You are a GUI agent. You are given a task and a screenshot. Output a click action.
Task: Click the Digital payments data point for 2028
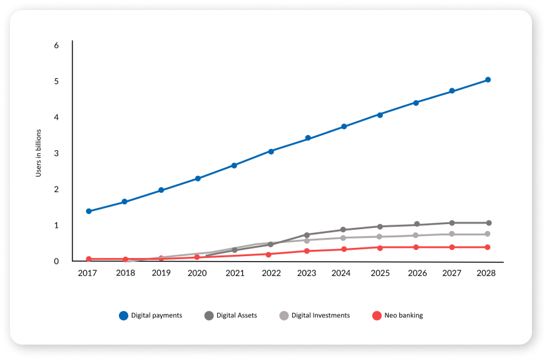click(488, 80)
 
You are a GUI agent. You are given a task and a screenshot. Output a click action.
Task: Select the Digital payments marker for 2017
click(89, 211)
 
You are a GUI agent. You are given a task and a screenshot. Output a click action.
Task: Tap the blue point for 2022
click(271, 152)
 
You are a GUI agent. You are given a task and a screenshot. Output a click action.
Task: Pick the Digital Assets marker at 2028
click(488, 223)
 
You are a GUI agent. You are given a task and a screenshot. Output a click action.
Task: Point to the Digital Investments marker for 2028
click(488, 234)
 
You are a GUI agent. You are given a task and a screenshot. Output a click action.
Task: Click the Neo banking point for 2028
click(488, 247)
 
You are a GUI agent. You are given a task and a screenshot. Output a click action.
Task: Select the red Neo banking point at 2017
click(89, 259)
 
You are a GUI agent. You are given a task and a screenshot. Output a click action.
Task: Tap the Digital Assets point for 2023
click(307, 235)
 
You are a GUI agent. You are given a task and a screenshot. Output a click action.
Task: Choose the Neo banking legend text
click(404, 316)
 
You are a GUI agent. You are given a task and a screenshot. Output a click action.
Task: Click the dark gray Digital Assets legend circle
click(209, 316)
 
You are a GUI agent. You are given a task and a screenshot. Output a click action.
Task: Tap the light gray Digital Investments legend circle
click(284, 316)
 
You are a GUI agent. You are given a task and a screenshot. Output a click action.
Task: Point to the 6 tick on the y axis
click(56, 46)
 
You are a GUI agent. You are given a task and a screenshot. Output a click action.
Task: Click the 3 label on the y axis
click(56, 153)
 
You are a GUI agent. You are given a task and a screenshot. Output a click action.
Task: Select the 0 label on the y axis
click(56, 261)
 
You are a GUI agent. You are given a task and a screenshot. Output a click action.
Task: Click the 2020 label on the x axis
click(198, 273)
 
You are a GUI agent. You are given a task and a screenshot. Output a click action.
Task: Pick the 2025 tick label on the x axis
click(379, 273)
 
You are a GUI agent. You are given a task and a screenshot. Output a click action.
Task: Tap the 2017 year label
click(89, 273)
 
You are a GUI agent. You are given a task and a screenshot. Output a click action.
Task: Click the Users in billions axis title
click(38, 153)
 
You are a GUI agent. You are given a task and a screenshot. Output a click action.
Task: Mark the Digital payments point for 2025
click(380, 115)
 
